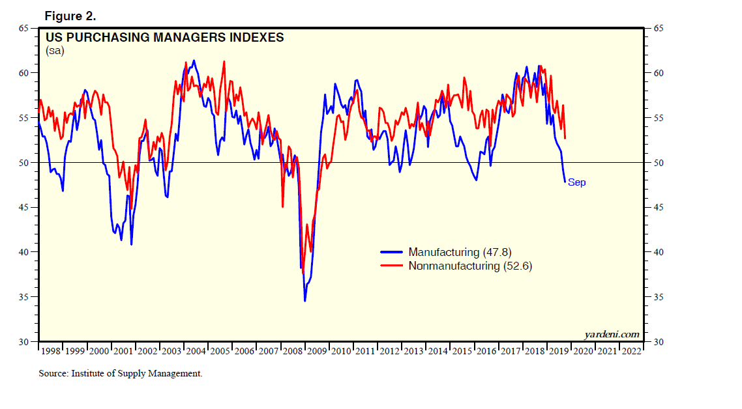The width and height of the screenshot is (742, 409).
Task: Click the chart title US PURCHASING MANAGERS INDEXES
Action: click(x=164, y=38)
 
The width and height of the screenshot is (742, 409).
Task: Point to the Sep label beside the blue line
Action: click(x=576, y=182)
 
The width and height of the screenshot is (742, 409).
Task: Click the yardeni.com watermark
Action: click(x=612, y=334)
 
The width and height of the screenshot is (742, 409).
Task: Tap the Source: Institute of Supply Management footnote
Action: click(x=121, y=374)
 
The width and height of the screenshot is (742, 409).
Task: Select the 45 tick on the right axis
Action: click(x=655, y=207)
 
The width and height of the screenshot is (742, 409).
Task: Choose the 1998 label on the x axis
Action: click(x=51, y=351)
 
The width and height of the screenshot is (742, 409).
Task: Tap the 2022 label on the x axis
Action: click(x=631, y=351)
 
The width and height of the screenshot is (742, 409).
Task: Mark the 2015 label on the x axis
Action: click(x=462, y=351)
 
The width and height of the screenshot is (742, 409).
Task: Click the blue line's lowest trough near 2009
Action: click(x=304, y=300)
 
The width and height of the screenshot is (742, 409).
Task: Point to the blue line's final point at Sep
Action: click(x=565, y=182)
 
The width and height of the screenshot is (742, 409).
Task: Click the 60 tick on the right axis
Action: click(x=655, y=73)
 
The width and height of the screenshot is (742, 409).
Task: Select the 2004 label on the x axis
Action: click(x=196, y=351)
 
